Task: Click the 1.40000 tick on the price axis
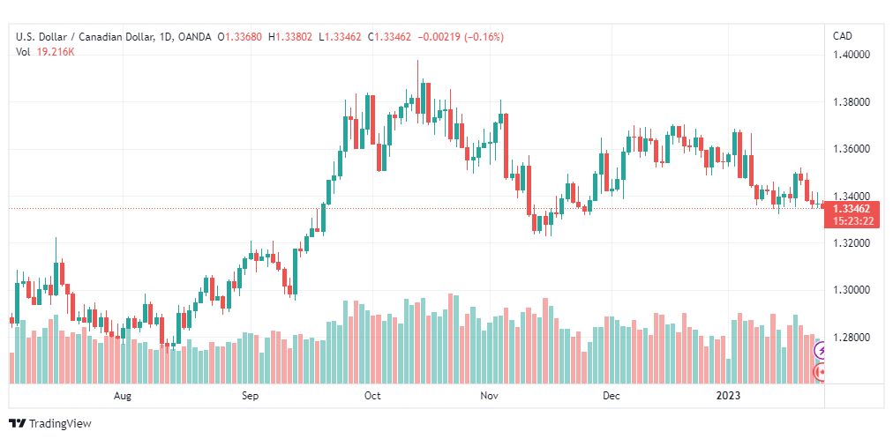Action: pyautogui.click(x=852, y=55)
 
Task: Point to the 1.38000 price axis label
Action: pyautogui.click(x=852, y=102)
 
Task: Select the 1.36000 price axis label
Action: pyautogui.click(x=852, y=149)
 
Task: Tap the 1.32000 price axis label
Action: pyautogui.click(x=852, y=243)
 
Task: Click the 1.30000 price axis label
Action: pyautogui.click(x=852, y=290)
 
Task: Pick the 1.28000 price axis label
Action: pyautogui.click(x=852, y=338)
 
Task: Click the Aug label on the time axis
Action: pyautogui.click(x=123, y=397)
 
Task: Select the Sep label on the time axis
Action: pyautogui.click(x=251, y=397)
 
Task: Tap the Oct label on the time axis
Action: pyautogui.click(x=372, y=397)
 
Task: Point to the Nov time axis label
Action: pyautogui.click(x=490, y=397)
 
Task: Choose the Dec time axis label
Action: pyautogui.click(x=612, y=397)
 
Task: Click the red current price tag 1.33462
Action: pyautogui.click(x=851, y=209)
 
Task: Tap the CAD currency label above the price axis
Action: pyautogui.click(x=843, y=36)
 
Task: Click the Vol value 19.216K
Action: pyautogui.click(x=56, y=52)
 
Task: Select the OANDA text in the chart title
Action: pyautogui.click(x=194, y=37)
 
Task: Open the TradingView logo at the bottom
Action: pyautogui.click(x=50, y=424)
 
